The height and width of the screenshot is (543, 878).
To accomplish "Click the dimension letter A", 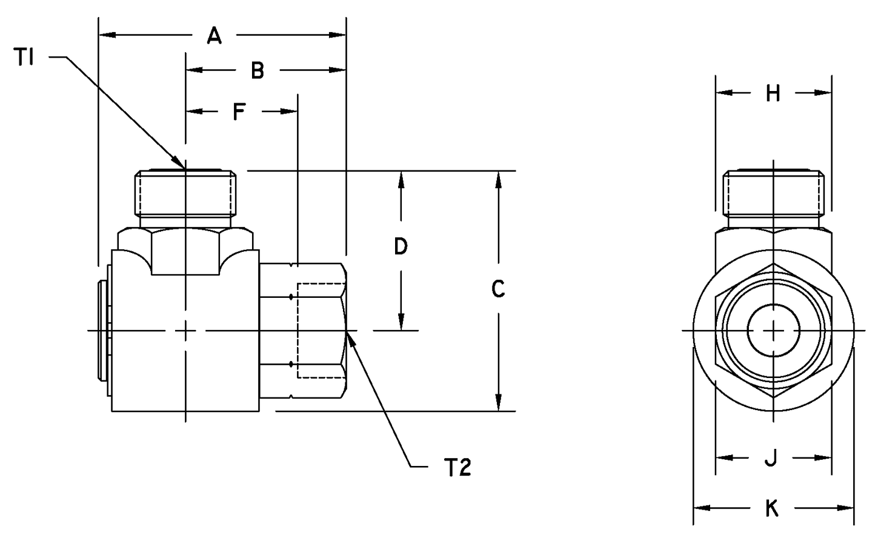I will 214,36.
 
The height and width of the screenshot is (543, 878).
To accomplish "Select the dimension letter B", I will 258,71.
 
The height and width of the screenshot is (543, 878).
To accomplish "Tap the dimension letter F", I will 240,112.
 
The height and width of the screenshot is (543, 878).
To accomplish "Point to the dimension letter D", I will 401,246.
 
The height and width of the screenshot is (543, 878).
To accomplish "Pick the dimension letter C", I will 498,289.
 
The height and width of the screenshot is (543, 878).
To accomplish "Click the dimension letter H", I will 773,93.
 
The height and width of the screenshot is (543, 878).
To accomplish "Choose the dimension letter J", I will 771,459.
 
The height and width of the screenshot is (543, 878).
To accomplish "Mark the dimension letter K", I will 772,508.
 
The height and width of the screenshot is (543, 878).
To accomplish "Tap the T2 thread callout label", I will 457,467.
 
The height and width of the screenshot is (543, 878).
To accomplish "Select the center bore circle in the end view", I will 774,330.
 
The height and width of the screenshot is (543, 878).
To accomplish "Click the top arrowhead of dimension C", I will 498,177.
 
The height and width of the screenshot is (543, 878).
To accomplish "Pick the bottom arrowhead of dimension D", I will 401,324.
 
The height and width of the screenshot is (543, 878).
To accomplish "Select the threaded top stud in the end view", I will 774,194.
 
